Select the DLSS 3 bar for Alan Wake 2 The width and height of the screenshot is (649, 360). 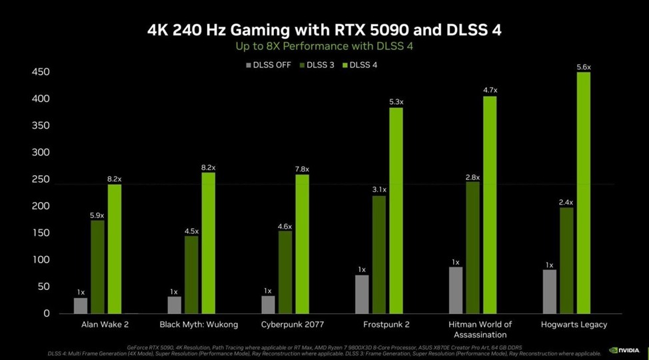click(x=98, y=267)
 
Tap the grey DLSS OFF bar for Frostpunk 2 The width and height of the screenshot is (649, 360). click(x=362, y=294)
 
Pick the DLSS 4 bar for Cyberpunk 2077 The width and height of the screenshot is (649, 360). click(x=302, y=243)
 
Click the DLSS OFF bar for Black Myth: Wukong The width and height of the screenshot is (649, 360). click(x=174, y=305)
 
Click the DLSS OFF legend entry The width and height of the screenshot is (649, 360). click(x=268, y=65)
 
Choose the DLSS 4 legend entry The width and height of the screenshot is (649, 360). click(x=360, y=65)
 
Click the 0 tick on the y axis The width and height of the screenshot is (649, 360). click(x=46, y=313)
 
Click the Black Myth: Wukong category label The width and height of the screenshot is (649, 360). click(x=199, y=325)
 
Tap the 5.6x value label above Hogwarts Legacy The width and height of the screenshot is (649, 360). click(x=584, y=67)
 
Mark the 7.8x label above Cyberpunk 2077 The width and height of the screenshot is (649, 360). click(x=303, y=169)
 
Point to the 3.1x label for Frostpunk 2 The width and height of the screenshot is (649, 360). click(x=379, y=190)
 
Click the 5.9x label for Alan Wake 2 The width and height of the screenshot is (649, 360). click(x=98, y=215)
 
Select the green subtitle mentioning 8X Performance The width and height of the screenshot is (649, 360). click(x=324, y=46)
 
